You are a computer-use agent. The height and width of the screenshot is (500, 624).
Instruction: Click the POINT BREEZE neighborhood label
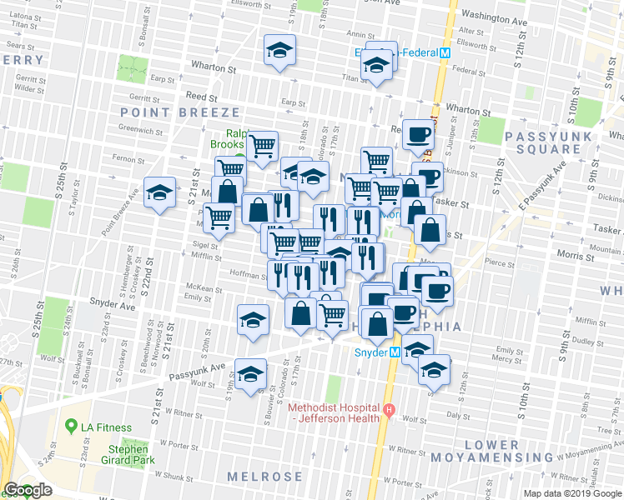coord(180,112)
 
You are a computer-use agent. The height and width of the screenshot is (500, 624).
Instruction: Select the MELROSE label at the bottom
coord(265,476)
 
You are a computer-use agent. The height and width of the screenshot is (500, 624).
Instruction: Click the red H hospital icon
coord(389,409)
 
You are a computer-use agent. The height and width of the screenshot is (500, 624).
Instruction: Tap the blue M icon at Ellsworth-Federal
coord(445,52)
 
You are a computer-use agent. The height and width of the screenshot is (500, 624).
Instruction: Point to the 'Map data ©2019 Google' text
coord(572,493)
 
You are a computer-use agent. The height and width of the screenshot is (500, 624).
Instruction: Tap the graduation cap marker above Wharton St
coord(280,49)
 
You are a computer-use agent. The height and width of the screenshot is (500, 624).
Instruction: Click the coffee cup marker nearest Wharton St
coord(418,132)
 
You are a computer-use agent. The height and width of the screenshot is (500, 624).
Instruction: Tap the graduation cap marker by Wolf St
coord(249,374)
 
